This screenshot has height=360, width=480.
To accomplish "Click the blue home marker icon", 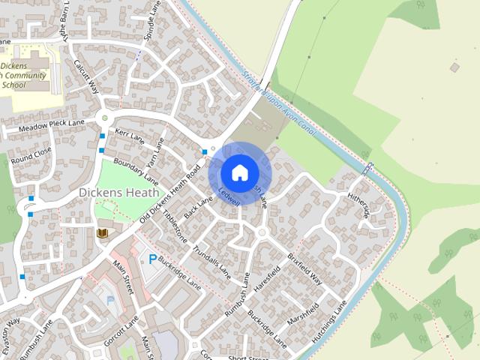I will click(x=239, y=173).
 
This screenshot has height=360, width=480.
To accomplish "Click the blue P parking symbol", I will click(x=152, y=259).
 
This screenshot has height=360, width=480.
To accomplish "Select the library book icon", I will click(x=103, y=234).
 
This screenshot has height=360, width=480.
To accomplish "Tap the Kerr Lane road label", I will click(x=130, y=135).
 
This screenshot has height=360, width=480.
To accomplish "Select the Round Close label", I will click(x=31, y=155).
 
